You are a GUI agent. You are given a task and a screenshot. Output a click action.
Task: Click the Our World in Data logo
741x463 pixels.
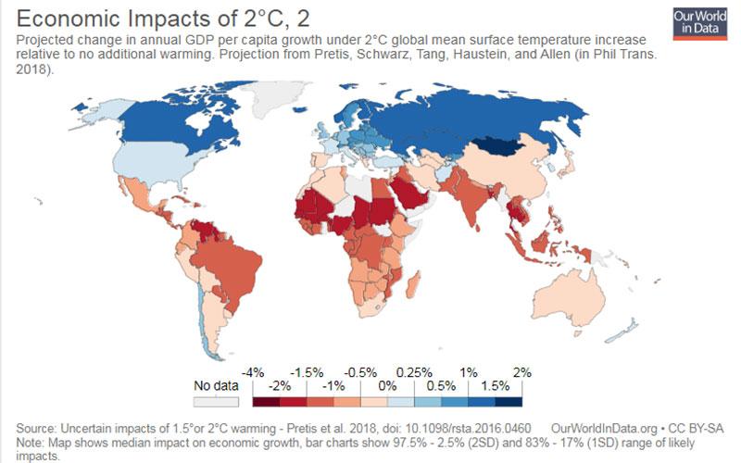[x=700, y=24]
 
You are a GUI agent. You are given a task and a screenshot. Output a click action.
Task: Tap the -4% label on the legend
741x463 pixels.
[x=253, y=373]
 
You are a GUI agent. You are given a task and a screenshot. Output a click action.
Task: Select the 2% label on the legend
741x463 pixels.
[x=522, y=373]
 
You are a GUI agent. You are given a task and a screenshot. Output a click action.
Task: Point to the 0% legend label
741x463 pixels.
[x=387, y=386]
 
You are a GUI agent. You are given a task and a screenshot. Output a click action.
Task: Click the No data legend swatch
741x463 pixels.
[x=216, y=402]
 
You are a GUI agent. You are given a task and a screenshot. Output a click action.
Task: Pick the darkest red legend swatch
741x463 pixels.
[x=266, y=402]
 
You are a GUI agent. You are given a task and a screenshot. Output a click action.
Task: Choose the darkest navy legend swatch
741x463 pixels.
[x=509, y=402]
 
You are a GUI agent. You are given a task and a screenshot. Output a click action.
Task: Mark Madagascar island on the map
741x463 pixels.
[x=412, y=285]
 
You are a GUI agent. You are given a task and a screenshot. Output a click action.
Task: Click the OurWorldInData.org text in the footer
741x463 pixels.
[x=604, y=429]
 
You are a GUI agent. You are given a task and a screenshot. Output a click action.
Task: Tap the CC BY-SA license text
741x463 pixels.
[x=696, y=429]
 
